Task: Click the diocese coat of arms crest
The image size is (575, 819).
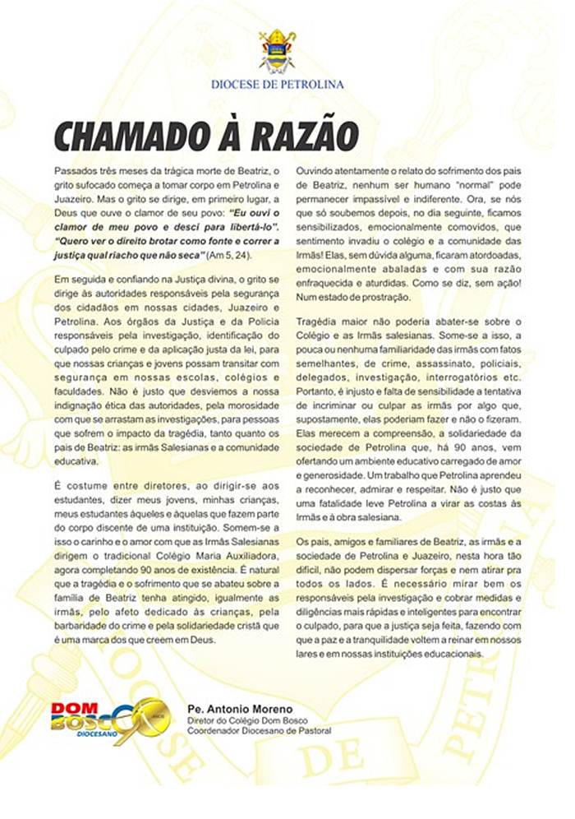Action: point(277,50)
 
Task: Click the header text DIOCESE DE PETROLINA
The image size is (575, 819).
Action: point(277,84)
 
